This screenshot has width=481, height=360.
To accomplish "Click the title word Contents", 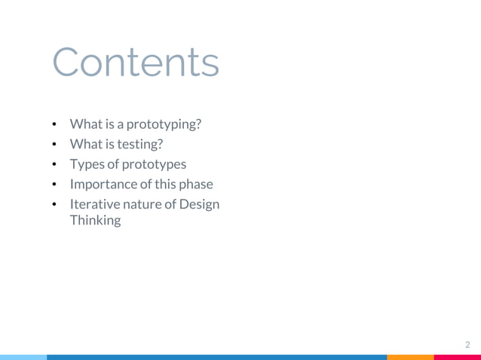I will click(x=136, y=63).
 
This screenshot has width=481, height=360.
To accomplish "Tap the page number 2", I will click(x=467, y=345).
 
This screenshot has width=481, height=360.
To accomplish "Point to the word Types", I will click(x=87, y=164).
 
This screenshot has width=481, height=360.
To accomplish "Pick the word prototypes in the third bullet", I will click(x=154, y=164).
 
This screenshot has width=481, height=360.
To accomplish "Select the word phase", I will click(x=195, y=185).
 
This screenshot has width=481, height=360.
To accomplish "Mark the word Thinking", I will click(x=95, y=221).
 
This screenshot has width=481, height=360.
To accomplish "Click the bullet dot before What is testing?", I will click(x=55, y=144).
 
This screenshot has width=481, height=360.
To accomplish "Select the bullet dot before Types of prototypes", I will click(x=55, y=164).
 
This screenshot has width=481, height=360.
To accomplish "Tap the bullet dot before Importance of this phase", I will click(x=55, y=185).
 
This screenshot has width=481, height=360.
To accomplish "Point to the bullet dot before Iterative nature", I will click(x=55, y=205).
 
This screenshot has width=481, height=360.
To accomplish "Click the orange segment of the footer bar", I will click(x=411, y=357).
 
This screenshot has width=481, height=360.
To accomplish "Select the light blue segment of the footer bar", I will click(x=23, y=357).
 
